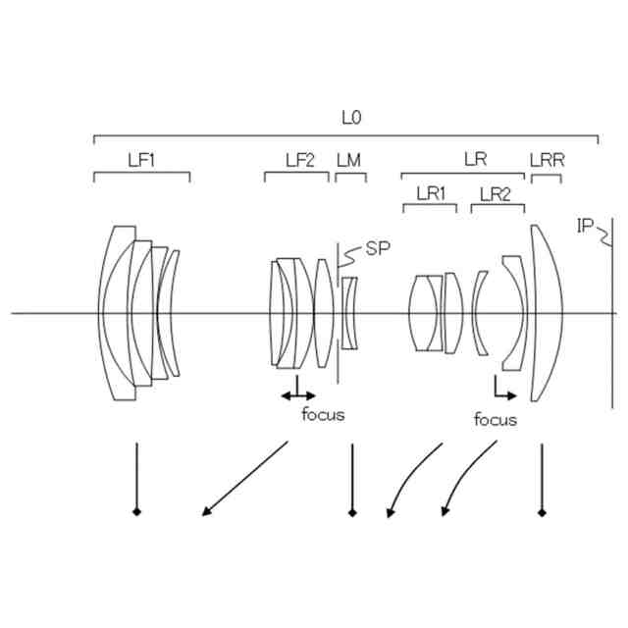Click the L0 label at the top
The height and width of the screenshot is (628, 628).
[x=351, y=118]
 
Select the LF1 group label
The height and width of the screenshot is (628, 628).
[x=141, y=159]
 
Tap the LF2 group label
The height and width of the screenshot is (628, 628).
[x=299, y=159]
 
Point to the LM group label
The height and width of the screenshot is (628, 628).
[x=348, y=159]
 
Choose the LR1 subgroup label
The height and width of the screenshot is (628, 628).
[x=431, y=193]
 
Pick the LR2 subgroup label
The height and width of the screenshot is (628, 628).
[x=491, y=193]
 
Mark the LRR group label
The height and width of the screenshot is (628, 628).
[x=547, y=159]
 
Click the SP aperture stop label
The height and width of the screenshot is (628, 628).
[x=378, y=248]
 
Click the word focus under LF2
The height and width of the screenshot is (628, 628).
[x=323, y=414]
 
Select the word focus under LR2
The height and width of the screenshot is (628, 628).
[x=495, y=420]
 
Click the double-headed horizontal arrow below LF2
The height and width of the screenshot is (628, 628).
[x=298, y=394]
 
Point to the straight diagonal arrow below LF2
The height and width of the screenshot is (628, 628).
[x=245, y=478]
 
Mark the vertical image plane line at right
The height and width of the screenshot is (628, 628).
[x=608, y=324]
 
